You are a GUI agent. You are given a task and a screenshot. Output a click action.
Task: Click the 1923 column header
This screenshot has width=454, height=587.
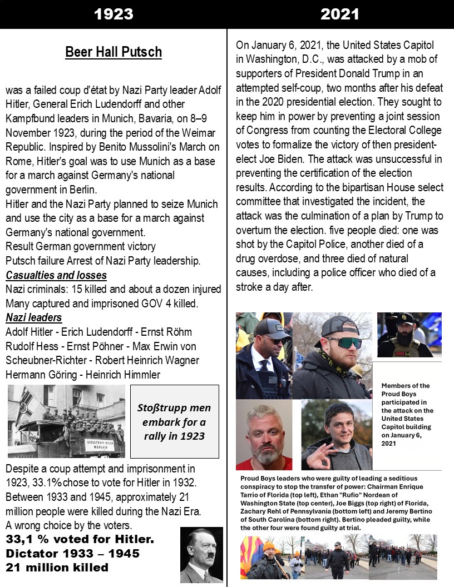click(113, 14)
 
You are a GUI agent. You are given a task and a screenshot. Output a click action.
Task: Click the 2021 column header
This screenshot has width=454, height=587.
click(340, 14)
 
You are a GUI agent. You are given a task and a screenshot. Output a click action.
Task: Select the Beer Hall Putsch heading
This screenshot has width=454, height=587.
click(113, 52)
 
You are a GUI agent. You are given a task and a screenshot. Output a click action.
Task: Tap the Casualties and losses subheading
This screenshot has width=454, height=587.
click(56, 275)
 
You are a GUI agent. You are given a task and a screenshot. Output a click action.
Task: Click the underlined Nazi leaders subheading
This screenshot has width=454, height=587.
click(33, 317)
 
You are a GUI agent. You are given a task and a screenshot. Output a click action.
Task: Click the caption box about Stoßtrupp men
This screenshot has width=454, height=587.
click(174, 421)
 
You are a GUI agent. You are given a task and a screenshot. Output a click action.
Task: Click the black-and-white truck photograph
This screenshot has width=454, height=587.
click(66, 421)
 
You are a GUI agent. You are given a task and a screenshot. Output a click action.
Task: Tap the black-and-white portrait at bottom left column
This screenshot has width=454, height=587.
click(201, 554)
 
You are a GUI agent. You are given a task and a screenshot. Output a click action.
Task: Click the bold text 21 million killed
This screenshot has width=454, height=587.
click(57, 568)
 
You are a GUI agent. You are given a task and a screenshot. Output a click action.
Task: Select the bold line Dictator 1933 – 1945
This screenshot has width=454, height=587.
click(72, 554)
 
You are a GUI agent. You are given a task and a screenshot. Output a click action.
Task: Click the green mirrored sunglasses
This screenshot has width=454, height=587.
click(343, 343)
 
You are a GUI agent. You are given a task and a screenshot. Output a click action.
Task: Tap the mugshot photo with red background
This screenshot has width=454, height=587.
click(263, 434)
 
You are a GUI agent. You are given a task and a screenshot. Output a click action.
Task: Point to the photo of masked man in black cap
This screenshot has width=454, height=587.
click(409, 335)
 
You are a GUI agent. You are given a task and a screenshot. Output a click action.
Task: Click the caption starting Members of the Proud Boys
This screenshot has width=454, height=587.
click(408, 414)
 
